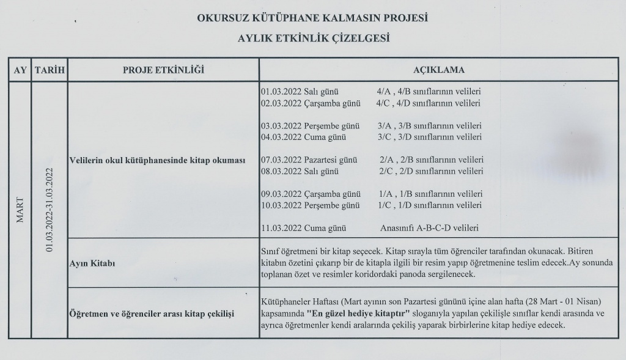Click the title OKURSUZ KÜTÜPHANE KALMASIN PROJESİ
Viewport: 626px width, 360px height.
pos(312,18)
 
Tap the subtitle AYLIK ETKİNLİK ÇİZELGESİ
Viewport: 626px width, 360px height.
pos(313,38)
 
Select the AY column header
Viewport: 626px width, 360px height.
pos(20,70)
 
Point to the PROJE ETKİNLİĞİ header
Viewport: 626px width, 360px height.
pos(163,70)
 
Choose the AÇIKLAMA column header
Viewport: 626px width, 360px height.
pos(438,70)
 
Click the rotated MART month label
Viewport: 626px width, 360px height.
pos(20,209)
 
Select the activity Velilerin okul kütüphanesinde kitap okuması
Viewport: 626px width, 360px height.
pos(158,160)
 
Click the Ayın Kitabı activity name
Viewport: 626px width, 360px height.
pos(94,263)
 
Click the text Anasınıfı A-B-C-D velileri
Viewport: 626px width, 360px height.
pos(429,228)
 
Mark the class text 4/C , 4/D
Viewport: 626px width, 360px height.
pos(392,103)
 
